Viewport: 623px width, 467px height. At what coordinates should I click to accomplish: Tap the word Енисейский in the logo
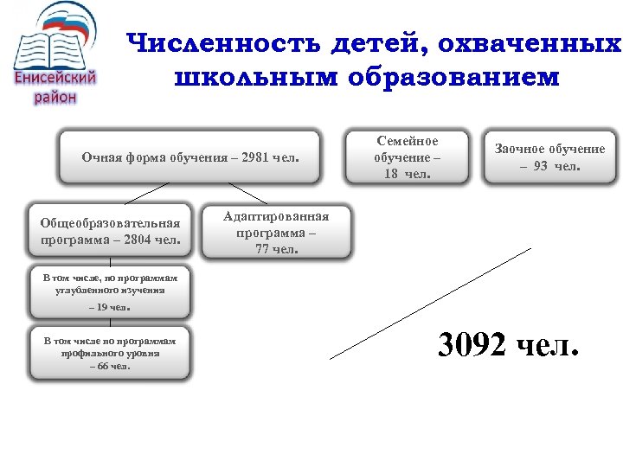56,79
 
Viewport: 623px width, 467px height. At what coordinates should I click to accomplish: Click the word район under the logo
55,97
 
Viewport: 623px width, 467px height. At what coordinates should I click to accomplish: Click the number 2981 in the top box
258,157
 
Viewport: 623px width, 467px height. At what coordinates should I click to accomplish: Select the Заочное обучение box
549,157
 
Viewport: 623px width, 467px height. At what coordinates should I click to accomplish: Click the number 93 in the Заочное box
540,166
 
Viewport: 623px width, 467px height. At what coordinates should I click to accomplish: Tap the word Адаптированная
276,217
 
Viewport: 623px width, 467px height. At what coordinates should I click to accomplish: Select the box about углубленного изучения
109,292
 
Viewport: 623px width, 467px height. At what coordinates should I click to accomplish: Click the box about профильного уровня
109,353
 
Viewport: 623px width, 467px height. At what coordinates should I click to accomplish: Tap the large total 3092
472,346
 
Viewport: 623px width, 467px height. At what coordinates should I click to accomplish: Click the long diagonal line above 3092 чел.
431,303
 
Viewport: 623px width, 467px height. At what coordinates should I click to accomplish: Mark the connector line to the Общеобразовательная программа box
134,193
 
